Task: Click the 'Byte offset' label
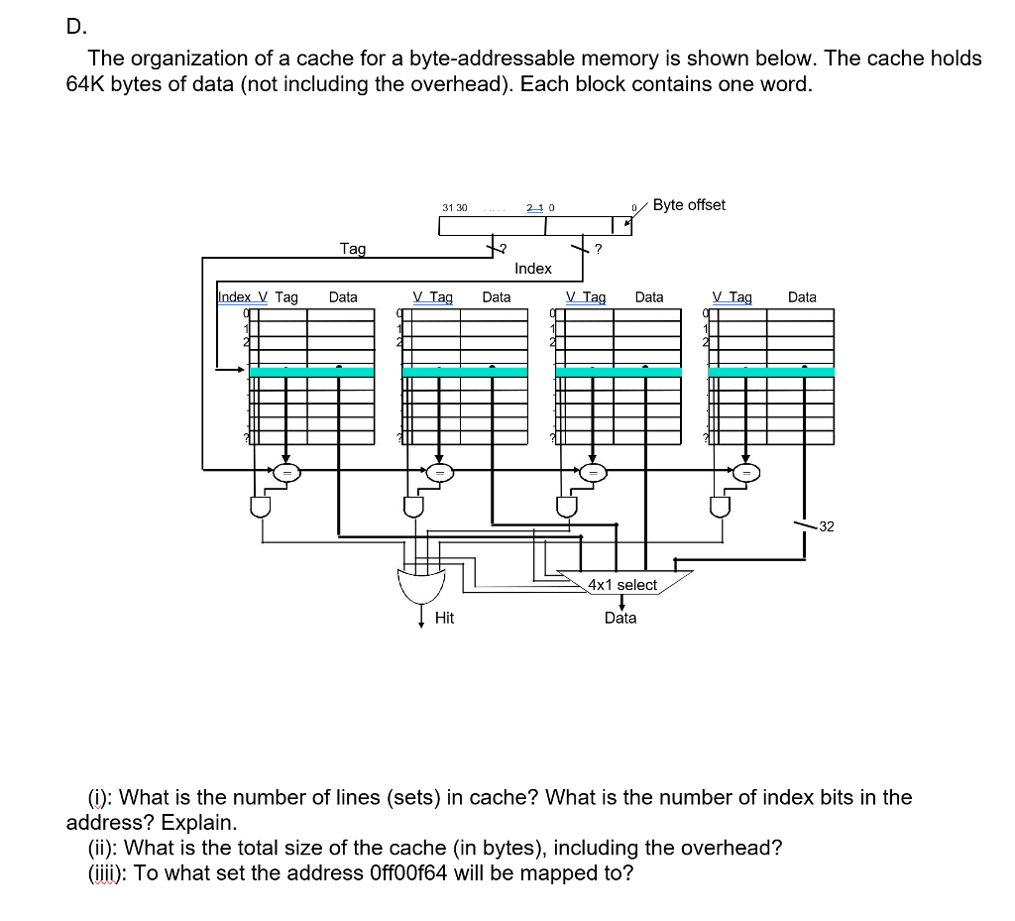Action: (689, 205)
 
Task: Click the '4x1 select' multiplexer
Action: (621, 584)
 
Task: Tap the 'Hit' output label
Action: (444, 618)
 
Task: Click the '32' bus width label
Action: (827, 526)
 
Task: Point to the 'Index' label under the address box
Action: (533, 269)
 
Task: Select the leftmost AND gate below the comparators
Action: (261, 507)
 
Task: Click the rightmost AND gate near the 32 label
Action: (722, 507)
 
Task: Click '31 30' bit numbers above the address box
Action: (455, 207)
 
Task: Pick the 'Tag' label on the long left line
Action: (352, 249)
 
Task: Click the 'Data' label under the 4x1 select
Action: (620, 618)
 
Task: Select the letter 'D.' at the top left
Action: (75, 27)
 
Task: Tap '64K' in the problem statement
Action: (85, 84)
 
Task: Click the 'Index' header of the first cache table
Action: (234, 296)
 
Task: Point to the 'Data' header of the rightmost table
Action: (802, 296)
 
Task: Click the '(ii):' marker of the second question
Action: (104, 848)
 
